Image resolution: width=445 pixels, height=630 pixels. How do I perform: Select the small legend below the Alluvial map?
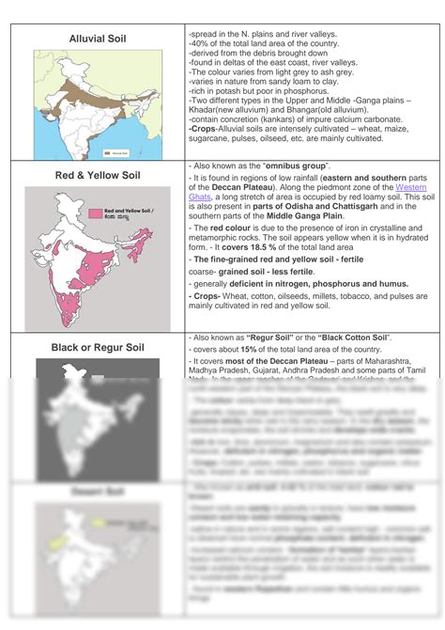pyautogui.click(x=115, y=151)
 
